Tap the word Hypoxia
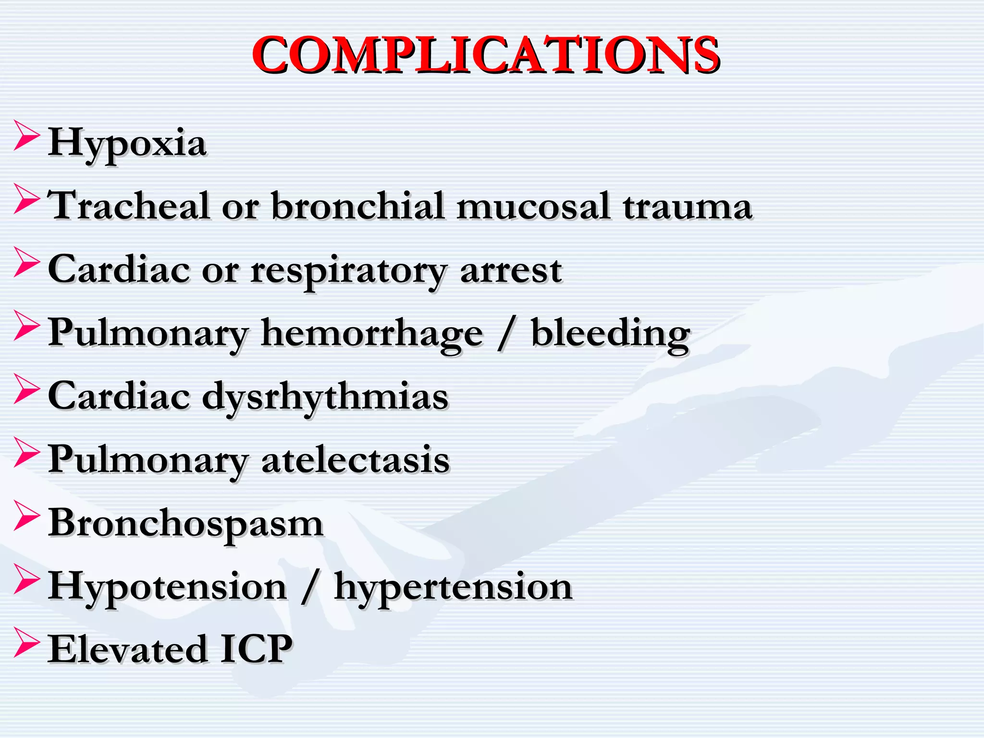(x=127, y=143)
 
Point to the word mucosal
(x=533, y=206)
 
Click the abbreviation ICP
(x=256, y=649)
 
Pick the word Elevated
(x=127, y=649)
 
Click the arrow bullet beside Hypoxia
(x=26, y=135)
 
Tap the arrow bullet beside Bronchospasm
(x=26, y=515)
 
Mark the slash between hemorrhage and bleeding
(x=505, y=334)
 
